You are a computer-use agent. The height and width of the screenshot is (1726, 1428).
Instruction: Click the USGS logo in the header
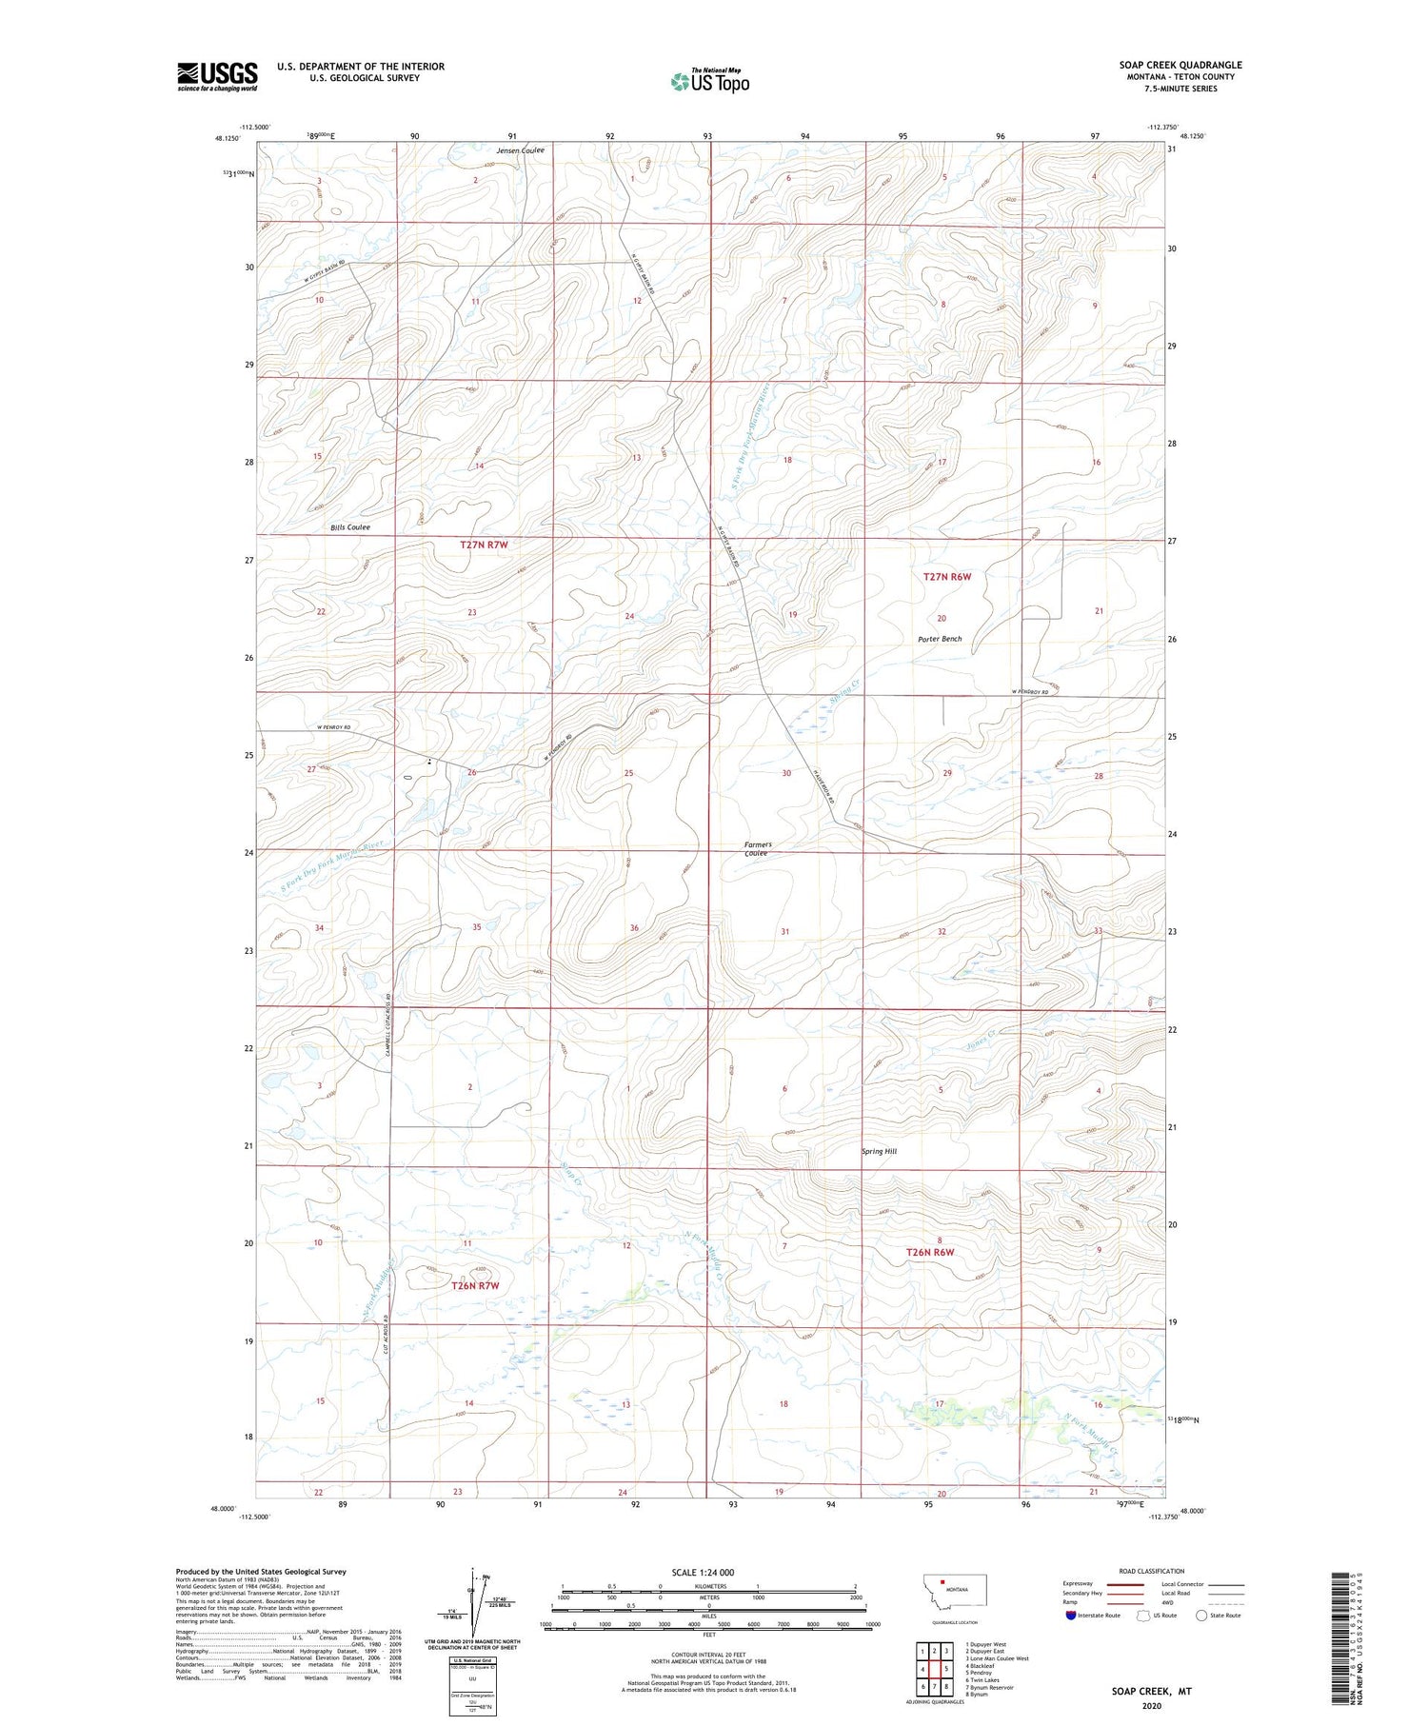[217, 76]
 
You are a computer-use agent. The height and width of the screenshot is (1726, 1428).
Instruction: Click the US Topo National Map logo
[710, 81]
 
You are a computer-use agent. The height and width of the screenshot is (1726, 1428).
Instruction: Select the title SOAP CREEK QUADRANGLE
[1180, 65]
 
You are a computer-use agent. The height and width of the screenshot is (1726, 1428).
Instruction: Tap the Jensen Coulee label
[520, 150]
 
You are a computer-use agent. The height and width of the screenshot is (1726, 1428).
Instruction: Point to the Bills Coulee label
[349, 526]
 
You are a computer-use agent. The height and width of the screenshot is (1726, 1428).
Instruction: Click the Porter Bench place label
[940, 639]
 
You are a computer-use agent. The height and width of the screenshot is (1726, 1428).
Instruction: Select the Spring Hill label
[878, 1151]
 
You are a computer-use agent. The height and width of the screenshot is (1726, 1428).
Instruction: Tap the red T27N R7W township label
[484, 545]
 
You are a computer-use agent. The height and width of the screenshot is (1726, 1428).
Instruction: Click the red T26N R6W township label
[929, 1252]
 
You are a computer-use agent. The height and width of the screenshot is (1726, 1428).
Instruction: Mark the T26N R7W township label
[474, 1285]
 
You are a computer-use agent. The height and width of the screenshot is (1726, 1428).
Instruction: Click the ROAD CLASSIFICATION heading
[1152, 1571]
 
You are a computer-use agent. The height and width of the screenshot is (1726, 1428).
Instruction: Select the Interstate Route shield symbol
[1072, 1616]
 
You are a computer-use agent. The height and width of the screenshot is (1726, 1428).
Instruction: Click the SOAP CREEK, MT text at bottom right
[1151, 1691]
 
